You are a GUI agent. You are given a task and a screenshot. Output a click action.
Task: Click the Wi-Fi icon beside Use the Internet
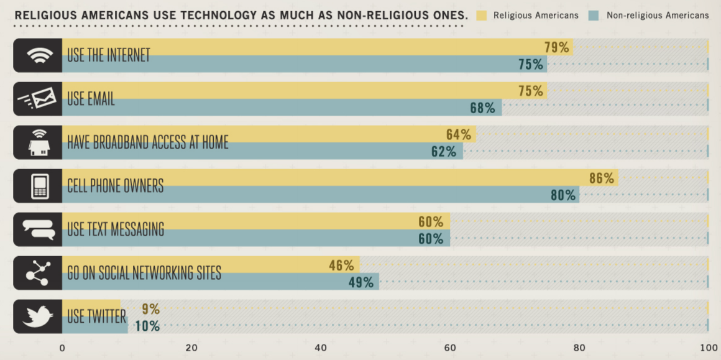coord(38,55)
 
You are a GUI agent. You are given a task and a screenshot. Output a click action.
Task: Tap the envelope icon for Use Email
coord(38,99)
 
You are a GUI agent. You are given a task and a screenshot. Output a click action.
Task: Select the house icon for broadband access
coord(38,142)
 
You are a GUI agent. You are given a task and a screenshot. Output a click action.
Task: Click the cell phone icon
coord(40,186)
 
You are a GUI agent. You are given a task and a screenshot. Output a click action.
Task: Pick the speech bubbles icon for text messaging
coord(38,229)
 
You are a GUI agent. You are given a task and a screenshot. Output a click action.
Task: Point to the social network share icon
coord(38,273)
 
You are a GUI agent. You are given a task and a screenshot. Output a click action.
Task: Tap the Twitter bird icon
coord(38,316)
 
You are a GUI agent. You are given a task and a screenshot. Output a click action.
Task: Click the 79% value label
coord(556,47)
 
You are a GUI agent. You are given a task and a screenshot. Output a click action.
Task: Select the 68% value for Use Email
coord(482,108)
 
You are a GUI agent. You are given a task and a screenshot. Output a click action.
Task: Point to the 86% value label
coord(601,178)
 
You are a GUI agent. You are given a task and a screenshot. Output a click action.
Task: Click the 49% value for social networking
coord(360,282)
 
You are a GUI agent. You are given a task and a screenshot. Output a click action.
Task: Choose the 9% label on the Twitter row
coord(150,308)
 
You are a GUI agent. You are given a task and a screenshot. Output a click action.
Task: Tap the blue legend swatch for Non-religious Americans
coord(593,16)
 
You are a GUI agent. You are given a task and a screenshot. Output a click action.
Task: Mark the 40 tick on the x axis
coord(321,348)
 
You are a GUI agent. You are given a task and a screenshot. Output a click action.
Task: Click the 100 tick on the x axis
coord(709,348)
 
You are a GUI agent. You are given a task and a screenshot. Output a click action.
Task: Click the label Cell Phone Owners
coord(115,186)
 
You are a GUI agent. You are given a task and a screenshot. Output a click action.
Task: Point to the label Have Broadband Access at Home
coord(148,142)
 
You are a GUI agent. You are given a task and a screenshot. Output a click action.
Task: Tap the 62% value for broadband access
coord(444,152)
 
